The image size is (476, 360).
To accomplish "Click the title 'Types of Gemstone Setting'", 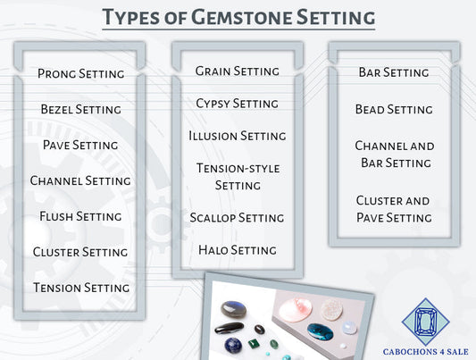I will click(x=238, y=16).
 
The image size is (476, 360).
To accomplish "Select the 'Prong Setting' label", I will click(x=80, y=73).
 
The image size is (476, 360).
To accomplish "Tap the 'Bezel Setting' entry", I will click(x=80, y=109).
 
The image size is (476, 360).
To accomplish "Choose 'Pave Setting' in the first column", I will click(x=80, y=145).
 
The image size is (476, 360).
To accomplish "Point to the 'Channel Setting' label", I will click(x=80, y=180).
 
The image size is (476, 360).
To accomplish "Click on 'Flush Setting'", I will click(x=80, y=216).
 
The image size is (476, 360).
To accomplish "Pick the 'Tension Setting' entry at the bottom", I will click(x=80, y=288).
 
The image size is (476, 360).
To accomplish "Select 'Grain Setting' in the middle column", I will click(x=237, y=71).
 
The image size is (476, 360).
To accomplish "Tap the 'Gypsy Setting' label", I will click(x=237, y=104).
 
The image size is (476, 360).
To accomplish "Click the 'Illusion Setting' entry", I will click(x=237, y=136).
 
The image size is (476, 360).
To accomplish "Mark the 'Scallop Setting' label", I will click(x=237, y=217).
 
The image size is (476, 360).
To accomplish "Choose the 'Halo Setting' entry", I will click(x=237, y=249).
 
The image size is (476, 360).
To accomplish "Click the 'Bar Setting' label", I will click(x=394, y=71).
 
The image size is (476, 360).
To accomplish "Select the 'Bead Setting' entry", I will click(x=394, y=109).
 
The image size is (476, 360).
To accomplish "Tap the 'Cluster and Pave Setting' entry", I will click(x=394, y=209).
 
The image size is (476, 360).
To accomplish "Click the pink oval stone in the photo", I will click(x=295, y=310).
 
